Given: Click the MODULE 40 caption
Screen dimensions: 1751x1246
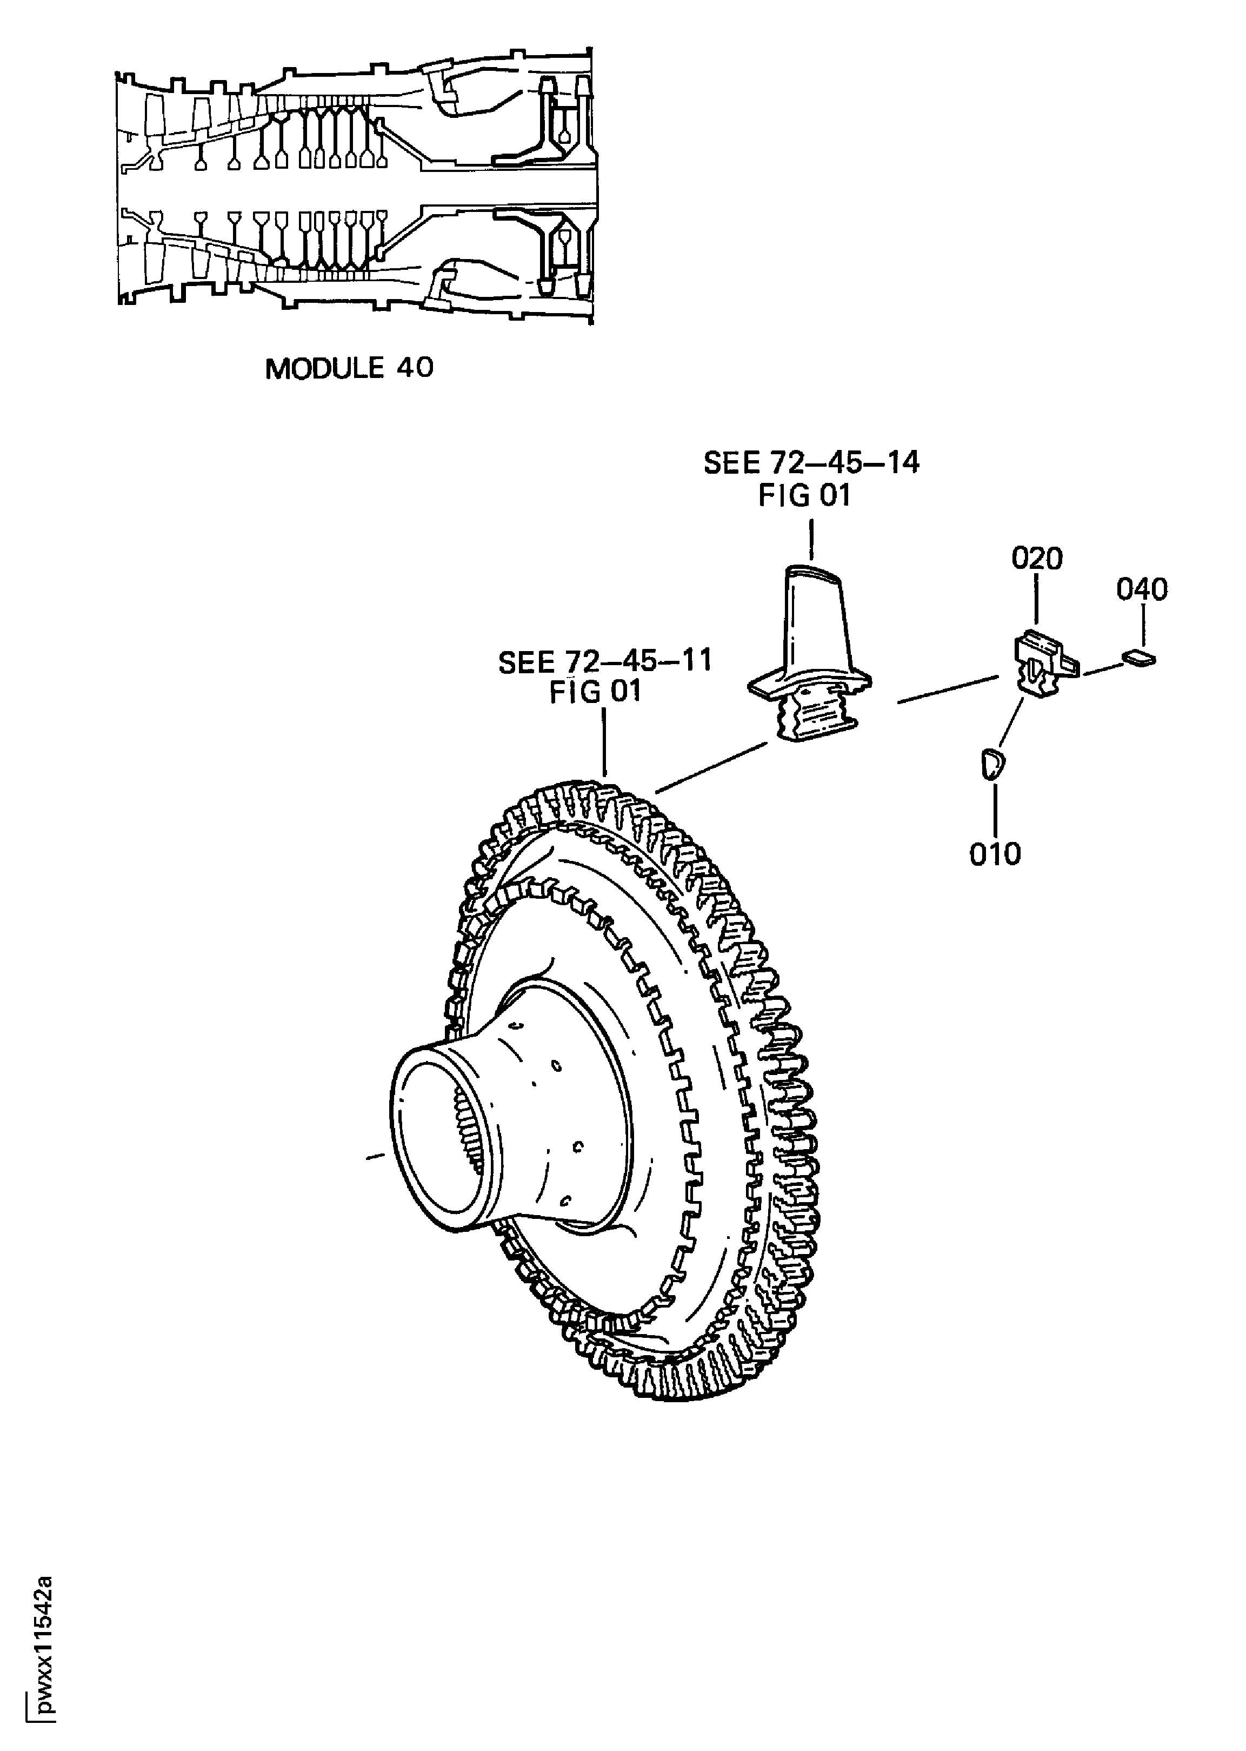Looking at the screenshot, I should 349,369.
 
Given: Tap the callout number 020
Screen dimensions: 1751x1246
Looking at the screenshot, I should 1037,559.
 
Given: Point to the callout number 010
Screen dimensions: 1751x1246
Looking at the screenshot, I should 995,854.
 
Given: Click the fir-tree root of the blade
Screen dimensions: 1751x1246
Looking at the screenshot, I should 815,713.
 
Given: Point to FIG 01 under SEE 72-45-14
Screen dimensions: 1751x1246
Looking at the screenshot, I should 805,496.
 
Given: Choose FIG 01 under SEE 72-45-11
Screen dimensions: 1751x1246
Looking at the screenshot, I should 595,692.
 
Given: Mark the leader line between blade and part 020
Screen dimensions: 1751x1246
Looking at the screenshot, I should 948,688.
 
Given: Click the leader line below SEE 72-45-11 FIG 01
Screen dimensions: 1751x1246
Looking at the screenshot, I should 605,740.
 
